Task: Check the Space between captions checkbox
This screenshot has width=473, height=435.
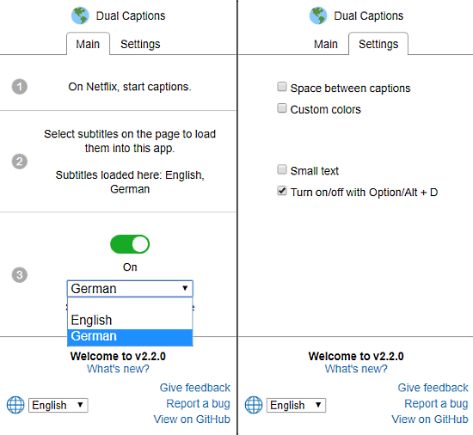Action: click(282, 87)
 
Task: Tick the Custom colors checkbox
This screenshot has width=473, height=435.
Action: click(282, 108)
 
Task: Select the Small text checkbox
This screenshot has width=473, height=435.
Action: click(282, 169)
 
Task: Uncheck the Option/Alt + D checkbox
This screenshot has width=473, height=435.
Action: click(282, 191)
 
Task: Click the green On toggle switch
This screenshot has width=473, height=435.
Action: click(130, 244)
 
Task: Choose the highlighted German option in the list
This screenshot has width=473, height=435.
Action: click(130, 336)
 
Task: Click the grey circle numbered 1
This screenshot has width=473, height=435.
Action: click(20, 87)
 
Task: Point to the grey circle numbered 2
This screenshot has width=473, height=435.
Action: click(20, 162)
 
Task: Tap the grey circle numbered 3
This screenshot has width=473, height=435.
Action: click(20, 275)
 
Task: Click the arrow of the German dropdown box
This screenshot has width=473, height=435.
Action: click(185, 288)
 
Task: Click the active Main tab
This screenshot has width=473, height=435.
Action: click(88, 44)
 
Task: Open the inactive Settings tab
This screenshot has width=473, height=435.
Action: click(140, 44)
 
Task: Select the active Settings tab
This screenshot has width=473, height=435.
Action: click(378, 44)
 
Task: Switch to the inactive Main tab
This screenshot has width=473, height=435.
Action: click(325, 44)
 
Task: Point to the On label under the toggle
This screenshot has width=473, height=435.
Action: click(130, 267)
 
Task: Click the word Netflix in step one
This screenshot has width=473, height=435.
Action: click(101, 87)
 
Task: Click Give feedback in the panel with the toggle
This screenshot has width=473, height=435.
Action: click(195, 388)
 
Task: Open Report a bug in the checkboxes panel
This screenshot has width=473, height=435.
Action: click(436, 404)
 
